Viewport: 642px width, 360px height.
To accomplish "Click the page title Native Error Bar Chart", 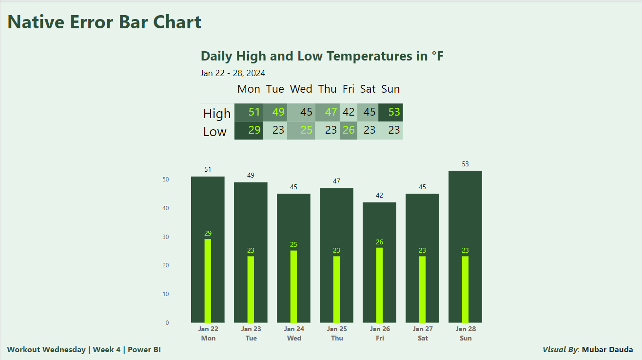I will pos(104,22).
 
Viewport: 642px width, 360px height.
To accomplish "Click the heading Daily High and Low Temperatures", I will pos(322,56).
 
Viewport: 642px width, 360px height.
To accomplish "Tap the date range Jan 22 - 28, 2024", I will pos(233,73).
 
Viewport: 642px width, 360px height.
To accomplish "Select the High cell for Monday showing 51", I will pos(249,112).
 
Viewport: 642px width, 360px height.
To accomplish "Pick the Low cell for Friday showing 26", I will pos(349,130).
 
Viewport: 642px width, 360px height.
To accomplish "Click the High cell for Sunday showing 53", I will pos(391,112).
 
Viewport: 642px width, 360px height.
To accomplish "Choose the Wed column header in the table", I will pos(301,89).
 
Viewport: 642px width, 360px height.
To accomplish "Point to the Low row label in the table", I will pos(215,132).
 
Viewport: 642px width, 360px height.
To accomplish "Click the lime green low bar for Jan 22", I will pos(208,280).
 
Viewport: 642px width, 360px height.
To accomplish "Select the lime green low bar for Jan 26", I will pos(379,285).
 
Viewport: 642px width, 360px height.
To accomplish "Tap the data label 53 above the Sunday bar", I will pos(465,164).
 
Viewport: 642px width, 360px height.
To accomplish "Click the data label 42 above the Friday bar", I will pos(379,195).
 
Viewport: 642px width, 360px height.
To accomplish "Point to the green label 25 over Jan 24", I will pos(293,244).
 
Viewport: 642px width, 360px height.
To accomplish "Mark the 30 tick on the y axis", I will pos(166,237).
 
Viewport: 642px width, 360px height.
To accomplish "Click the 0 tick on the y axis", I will pos(167,323).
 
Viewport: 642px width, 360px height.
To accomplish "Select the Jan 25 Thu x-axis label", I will pos(336,333).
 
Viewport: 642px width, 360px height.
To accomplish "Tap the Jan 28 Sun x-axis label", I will pos(465,333).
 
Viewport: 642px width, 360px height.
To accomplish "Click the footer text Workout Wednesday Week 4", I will pos(84,350).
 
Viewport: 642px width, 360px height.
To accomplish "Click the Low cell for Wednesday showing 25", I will pos(301,130).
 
